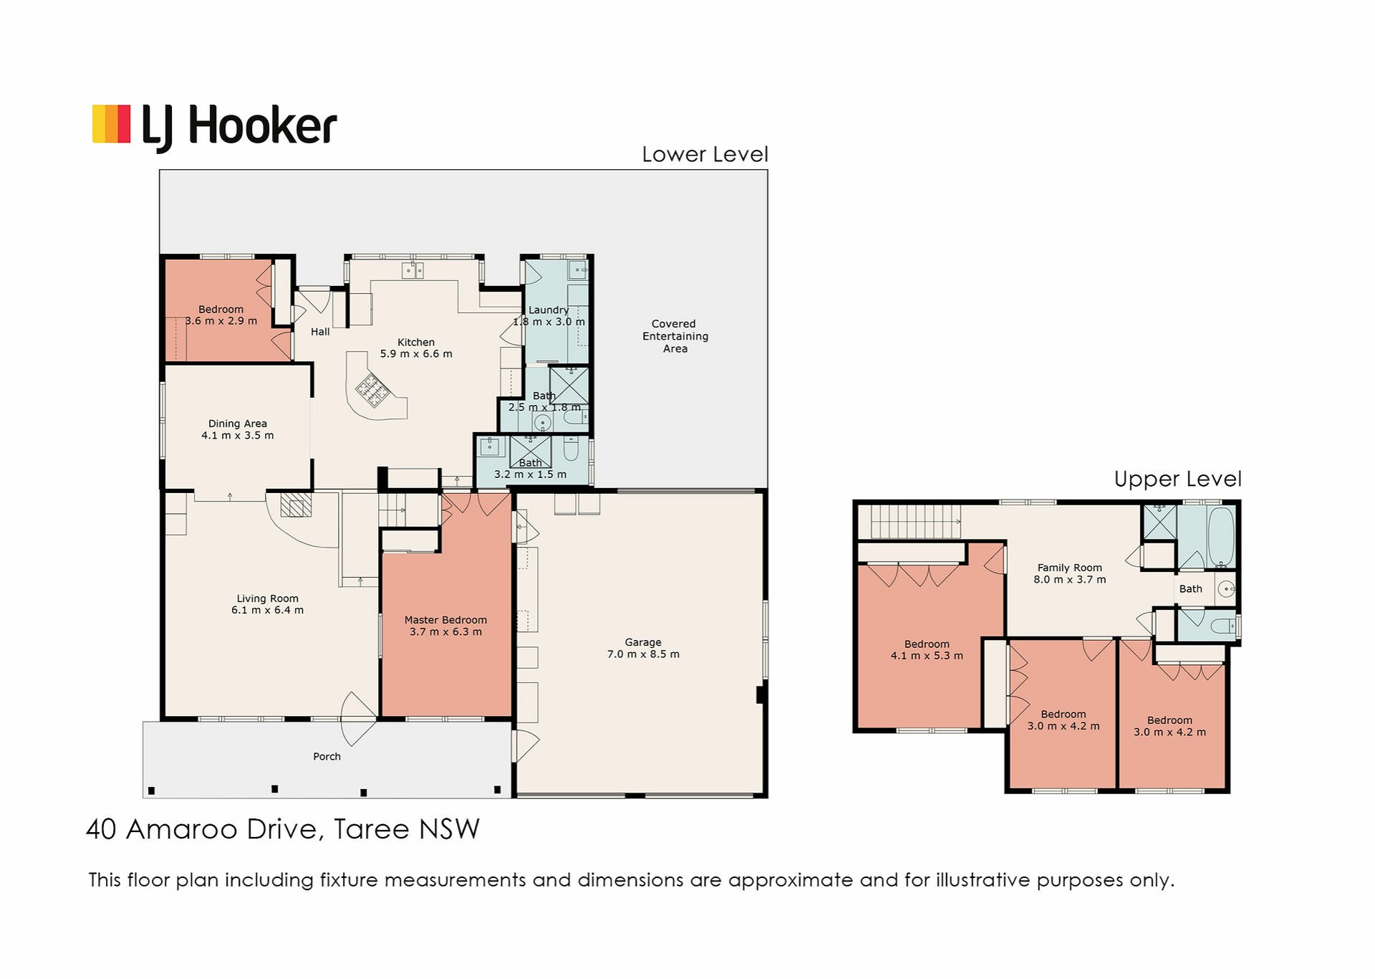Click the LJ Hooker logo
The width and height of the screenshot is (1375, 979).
(215, 127)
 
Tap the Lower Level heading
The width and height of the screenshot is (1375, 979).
(705, 154)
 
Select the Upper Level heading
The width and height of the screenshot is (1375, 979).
(1177, 479)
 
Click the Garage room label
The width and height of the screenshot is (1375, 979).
(643, 642)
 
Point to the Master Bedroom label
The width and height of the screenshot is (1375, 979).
(445, 620)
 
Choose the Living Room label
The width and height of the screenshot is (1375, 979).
(267, 598)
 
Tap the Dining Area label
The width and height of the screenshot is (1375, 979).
(237, 424)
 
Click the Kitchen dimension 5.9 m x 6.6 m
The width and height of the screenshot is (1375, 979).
(416, 354)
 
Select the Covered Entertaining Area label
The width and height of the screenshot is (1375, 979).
(675, 336)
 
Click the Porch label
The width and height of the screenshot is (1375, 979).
(327, 756)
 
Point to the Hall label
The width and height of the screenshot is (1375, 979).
(320, 332)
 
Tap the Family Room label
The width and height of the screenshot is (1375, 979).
(1070, 568)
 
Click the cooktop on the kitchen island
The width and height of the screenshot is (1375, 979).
(373, 391)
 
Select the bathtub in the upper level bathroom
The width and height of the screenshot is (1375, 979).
(1221, 537)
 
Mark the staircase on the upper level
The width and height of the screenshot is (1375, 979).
(915, 522)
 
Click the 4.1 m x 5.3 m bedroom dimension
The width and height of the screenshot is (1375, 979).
(927, 656)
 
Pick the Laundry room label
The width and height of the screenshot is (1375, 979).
(549, 310)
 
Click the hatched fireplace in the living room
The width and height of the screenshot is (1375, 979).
(296, 505)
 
